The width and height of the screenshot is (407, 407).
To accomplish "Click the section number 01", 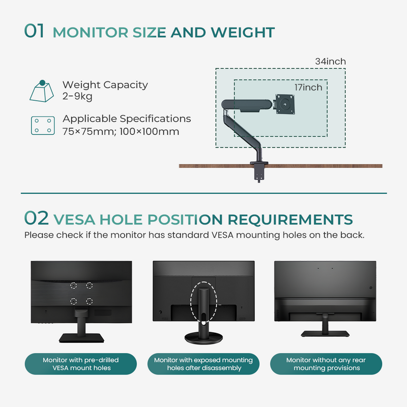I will click(35, 31).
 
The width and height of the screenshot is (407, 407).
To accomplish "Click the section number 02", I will click(36, 219).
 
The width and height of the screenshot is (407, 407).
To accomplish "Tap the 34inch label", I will click(330, 62).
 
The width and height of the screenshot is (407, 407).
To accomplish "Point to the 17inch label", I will click(308, 88).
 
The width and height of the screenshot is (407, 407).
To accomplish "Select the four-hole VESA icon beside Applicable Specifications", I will click(42, 125).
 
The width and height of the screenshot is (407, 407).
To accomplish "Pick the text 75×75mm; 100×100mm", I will click(121, 131).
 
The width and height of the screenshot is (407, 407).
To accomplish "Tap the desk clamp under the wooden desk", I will click(259, 172).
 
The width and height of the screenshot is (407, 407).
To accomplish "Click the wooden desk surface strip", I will click(331, 166).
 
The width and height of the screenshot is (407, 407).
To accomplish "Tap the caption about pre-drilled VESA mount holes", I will click(81, 364).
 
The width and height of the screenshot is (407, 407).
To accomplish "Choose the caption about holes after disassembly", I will click(203, 364).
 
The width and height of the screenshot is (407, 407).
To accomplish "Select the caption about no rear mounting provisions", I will click(326, 364).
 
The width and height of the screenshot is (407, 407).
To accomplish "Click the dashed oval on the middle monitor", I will click(203, 300).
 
